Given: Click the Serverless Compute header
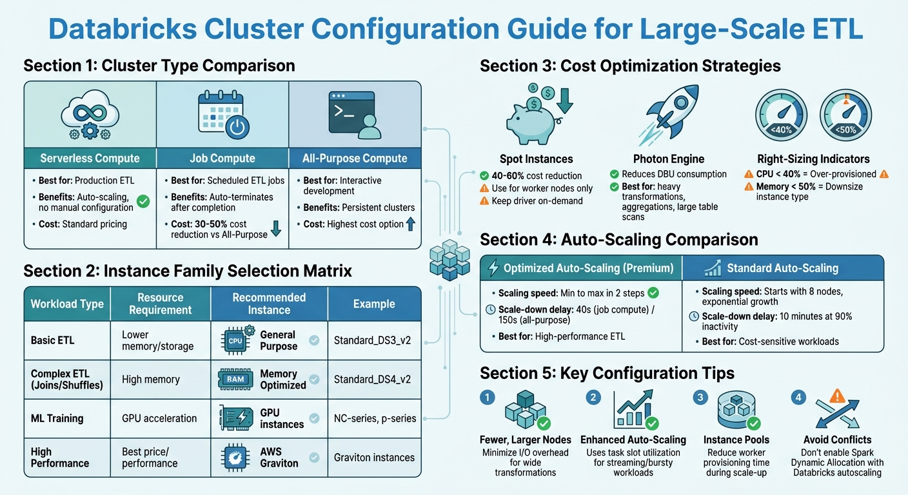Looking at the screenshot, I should point(90,158).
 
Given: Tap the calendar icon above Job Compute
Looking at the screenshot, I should point(222,117).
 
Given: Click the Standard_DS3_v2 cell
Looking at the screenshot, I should point(372,340).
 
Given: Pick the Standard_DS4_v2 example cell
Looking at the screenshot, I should point(372,379).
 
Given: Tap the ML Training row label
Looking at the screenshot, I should point(57,418).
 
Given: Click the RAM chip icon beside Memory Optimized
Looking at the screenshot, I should point(235,379).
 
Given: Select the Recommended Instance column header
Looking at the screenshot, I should point(269,304).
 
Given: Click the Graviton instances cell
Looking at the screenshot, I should point(374,458).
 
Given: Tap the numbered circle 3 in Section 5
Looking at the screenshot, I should point(700,398).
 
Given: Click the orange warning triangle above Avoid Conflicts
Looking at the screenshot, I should point(838,396).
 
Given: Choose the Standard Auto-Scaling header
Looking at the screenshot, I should point(782,268).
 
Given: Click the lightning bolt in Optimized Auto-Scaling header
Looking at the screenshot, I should point(494,268).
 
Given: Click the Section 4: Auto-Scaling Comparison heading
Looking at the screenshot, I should point(619,240).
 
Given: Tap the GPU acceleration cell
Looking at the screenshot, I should point(159,418).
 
